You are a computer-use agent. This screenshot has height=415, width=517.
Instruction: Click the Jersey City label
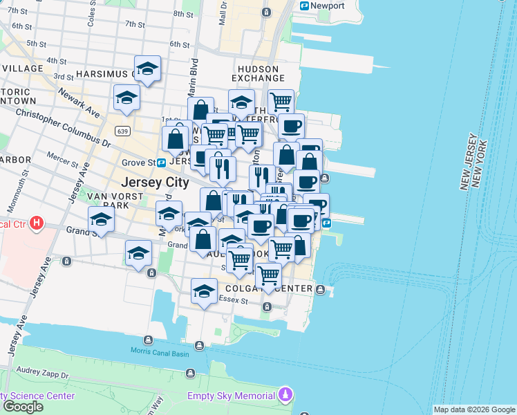pyautogui.click(x=155, y=183)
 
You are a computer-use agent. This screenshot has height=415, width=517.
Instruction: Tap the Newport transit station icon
pyautogui.click(x=304, y=6)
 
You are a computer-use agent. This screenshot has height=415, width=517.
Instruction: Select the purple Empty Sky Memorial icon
pyautogui.click(x=285, y=396)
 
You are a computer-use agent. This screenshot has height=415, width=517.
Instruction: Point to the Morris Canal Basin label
pyautogui.click(x=159, y=351)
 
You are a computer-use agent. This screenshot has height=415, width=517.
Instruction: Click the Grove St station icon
pyautogui.click(x=160, y=163)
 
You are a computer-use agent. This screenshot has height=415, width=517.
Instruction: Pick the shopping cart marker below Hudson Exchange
pyautogui.click(x=281, y=102)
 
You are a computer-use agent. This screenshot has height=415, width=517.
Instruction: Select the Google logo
pyautogui.click(x=23, y=406)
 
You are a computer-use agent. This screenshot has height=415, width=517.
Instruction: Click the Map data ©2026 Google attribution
pyautogui.click(x=474, y=409)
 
